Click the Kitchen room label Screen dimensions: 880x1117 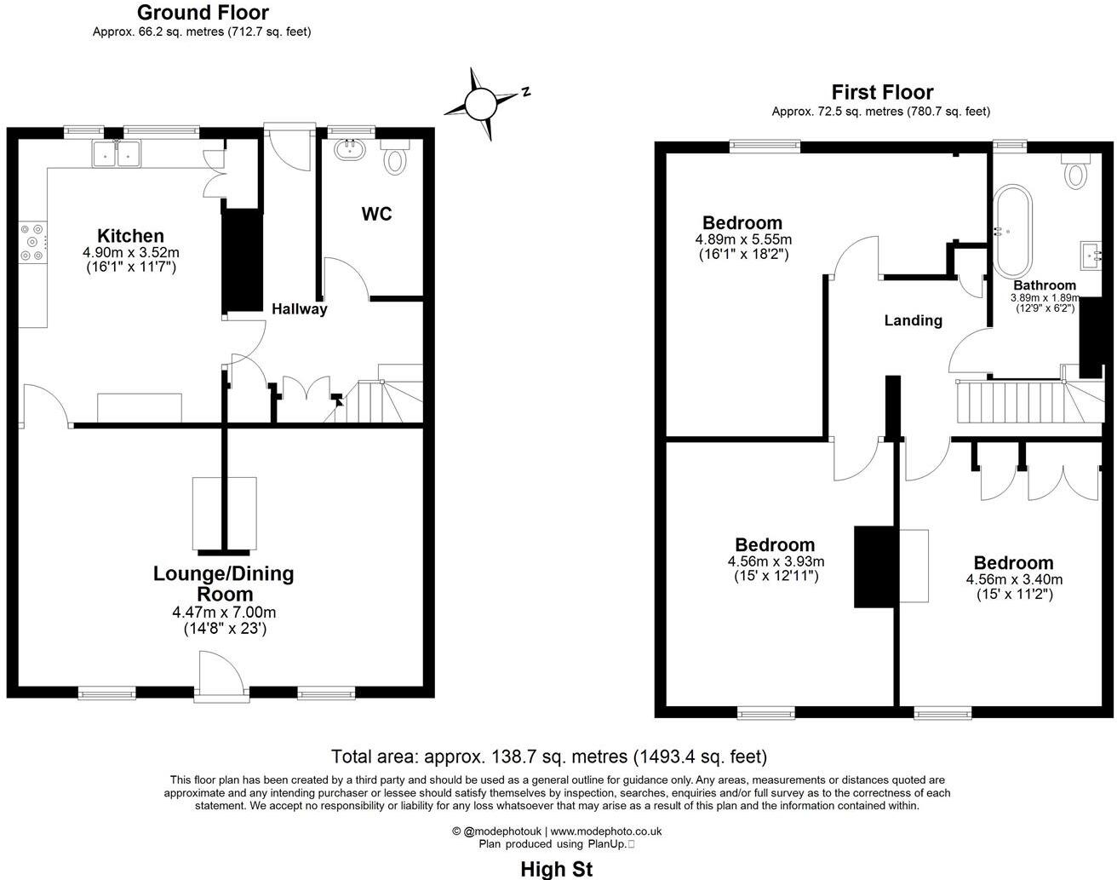(x=130, y=236)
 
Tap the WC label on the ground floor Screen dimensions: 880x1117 (x=376, y=214)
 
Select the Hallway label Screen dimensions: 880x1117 (x=299, y=309)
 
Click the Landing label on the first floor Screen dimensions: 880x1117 (x=913, y=320)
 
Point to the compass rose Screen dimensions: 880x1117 (x=480, y=104)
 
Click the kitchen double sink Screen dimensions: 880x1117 (x=117, y=153)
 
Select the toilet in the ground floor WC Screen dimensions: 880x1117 (x=395, y=158)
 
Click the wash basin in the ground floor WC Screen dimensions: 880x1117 (x=350, y=150)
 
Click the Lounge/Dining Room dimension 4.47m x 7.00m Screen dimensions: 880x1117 (x=224, y=613)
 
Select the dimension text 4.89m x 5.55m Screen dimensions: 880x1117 (x=743, y=239)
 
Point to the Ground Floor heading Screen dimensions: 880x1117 (x=203, y=13)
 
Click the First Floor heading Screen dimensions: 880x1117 (x=882, y=92)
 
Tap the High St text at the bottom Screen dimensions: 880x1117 (x=557, y=869)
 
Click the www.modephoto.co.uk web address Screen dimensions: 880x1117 (x=606, y=831)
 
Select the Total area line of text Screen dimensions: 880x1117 (x=549, y=756)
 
